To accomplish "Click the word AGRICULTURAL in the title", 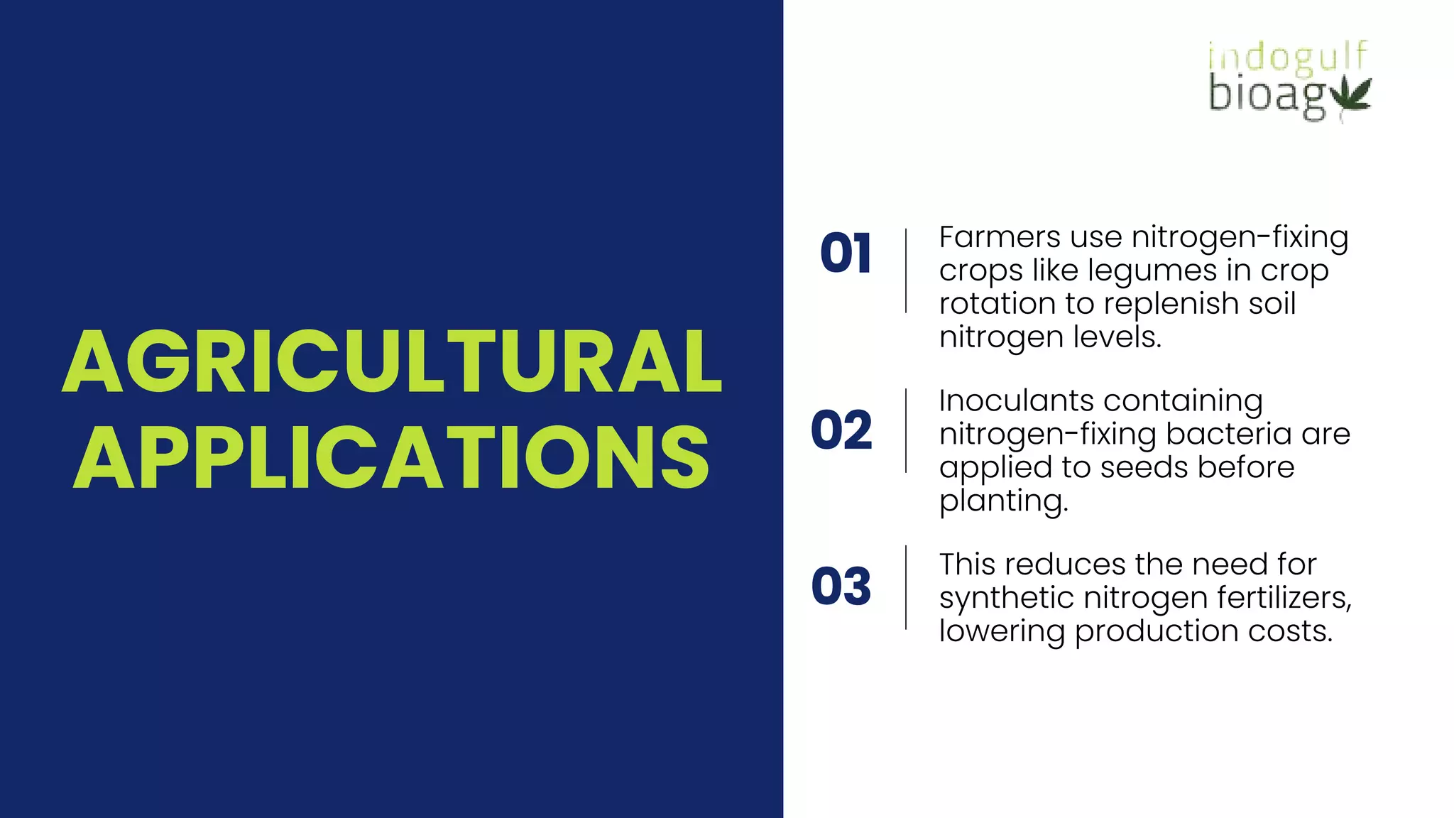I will coord(392,362).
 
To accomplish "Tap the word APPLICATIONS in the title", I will coord(392,457).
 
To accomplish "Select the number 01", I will coord(845,253).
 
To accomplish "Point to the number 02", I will coord(841,430).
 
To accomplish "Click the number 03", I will coord(841,587).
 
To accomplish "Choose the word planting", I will coord(1002,501).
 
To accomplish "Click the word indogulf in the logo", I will coord(1287,57).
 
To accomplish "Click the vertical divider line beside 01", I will coord(906,271).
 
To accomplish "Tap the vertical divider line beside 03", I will coord(906,587).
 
